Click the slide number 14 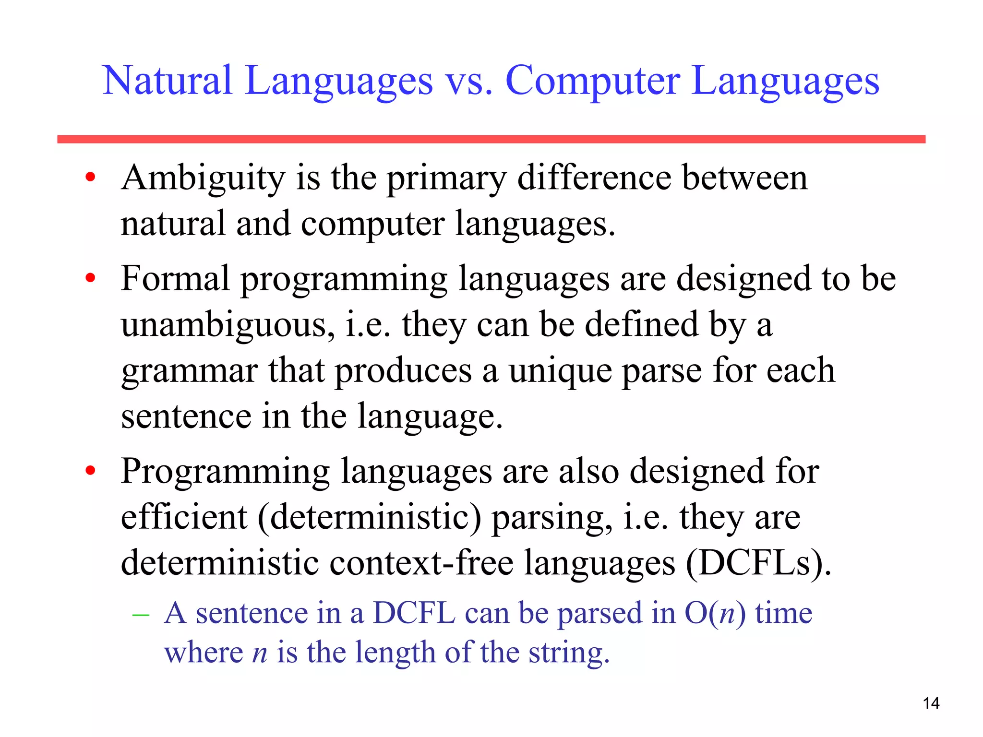click(x=931, y=703)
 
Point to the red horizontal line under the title click(x=491, y=139)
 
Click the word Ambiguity click(x=203, y=178)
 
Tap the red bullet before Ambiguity click(x=90, y=178)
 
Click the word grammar click(x=189, y=372)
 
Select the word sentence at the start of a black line click(x=186, y=416)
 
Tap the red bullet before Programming click(x=90, y=471)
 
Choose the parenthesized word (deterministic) click(x=369, y=518)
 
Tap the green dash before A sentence click(x=141, y=614)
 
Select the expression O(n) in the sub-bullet click(x=715, y=614)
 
